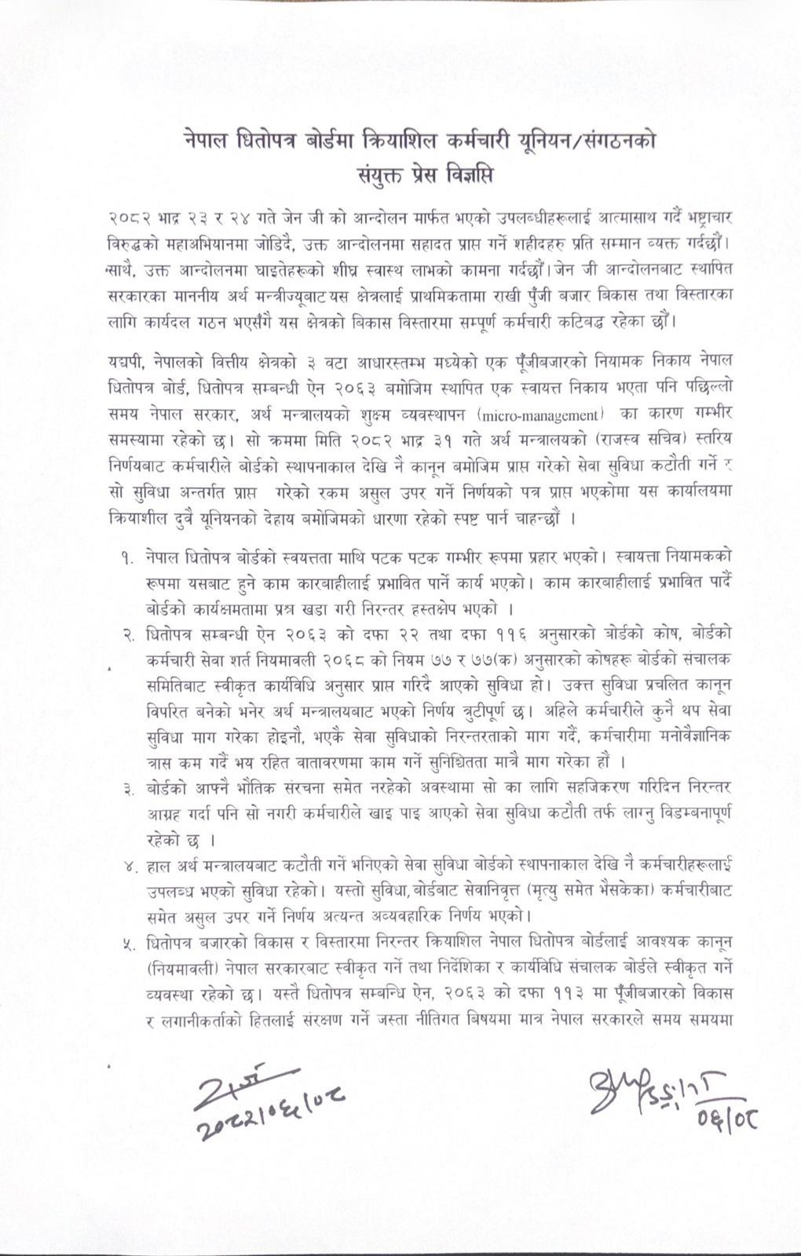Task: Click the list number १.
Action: pyautogui.click(x=125, y=557)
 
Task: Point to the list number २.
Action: pyautogui.click(x=125, y=633)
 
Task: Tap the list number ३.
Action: pyautogui.click(x=125, y=786)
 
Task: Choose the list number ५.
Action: pyautogui.click(x=125, y=940)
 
